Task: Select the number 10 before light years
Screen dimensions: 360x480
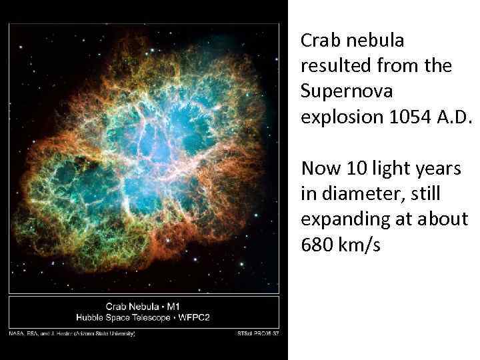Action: click(x=354, y=169)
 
